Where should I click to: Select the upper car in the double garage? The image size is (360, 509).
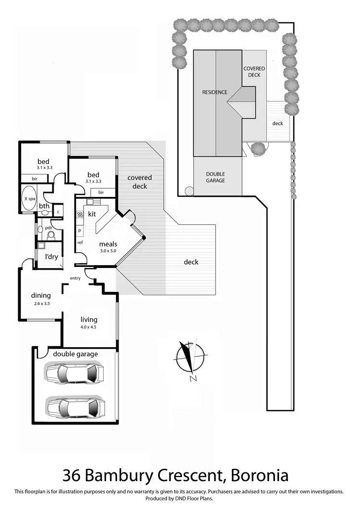click(x=74, y=373)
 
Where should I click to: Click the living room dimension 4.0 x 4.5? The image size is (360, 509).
click(x=89, y=328)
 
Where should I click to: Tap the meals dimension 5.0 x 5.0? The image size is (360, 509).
click(x=108, y=251)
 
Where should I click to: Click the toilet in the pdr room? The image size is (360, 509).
click(x=51, y=235)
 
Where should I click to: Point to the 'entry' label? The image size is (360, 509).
click(x=75, y=279)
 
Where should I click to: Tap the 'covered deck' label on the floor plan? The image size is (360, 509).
click(x=139, y=182)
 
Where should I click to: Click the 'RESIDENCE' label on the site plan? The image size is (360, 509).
click(x=214, y=92)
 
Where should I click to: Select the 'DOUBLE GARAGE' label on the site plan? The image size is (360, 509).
click(x=216, y=177)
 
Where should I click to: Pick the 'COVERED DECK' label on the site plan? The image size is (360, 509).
click(x=254, y=72)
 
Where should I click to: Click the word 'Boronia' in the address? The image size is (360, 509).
click(x=260, y=475)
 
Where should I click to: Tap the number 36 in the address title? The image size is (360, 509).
click(x=72, y=475)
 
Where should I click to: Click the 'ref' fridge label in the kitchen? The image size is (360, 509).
click(x=80, y=242)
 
